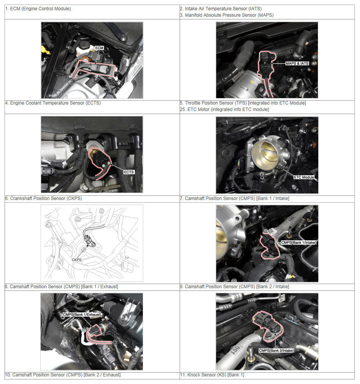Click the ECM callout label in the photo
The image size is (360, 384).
[x=99, y=48]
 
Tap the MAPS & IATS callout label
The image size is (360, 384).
[x=297, y=63]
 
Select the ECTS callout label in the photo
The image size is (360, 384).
[x=129, y=172]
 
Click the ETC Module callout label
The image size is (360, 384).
[x=304, y=177]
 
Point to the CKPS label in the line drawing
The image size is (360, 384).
[x=77, y=260]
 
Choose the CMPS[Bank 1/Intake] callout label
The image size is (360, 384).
[x=298, y=243]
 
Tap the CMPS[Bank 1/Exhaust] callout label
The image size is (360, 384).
[x=82, y=314]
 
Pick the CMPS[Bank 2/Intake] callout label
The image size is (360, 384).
[x=276, y=351]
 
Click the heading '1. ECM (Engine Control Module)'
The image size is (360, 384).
[x=38, y=9]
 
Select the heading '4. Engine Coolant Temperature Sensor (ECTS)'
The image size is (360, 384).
[x=53, y=103]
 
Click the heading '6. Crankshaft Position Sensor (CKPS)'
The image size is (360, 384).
[x=44, y=198]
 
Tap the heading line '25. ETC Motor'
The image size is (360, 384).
[x=224, y=109]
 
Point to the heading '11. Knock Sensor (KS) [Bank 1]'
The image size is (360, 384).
[x=212, y=375]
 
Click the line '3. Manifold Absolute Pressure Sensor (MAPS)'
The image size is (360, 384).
[x=227, y=15]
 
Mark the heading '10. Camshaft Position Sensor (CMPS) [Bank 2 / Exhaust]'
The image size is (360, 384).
[x=63, y=375]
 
